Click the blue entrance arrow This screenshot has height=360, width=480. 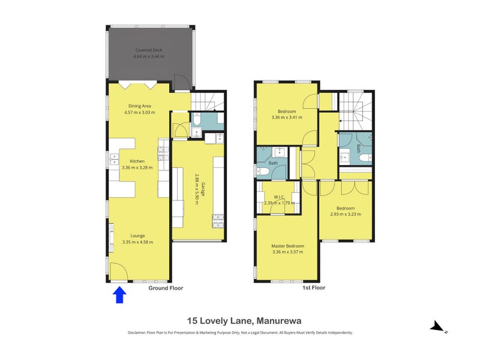coord(119,295)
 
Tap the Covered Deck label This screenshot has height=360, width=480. coord(148,50)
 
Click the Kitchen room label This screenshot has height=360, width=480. coord(137,161)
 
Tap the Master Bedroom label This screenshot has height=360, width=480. coord(288,246)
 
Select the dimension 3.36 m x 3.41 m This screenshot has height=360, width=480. coord(287,118)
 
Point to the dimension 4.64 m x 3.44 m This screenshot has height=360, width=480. coord(148,56)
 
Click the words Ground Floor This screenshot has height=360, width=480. coord(166,289)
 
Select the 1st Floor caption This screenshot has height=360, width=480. coord(313,289)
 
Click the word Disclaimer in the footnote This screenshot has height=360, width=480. coord(139,332)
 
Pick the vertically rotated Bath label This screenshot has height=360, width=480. coord(358,148)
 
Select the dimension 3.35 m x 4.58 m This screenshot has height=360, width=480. coord(137,242)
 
